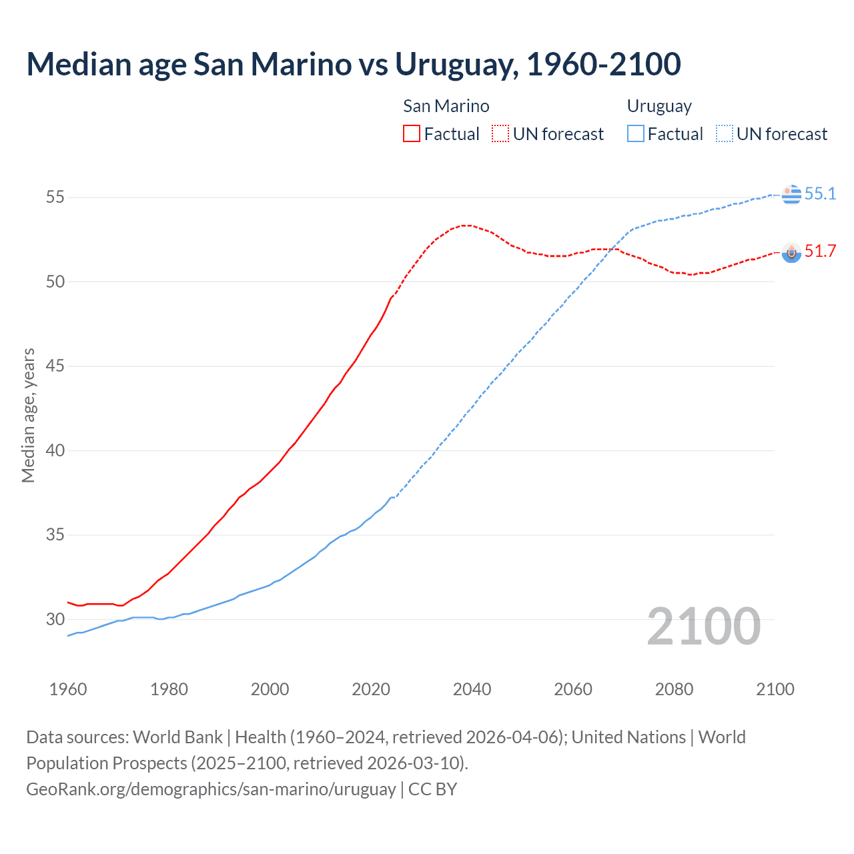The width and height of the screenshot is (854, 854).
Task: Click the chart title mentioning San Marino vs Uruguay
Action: (353, 64)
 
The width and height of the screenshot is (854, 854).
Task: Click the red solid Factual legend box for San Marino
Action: (412, 133)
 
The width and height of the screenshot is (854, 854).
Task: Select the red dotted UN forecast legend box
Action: (500, 133)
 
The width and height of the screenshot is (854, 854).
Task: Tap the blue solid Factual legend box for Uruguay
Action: (636, 133)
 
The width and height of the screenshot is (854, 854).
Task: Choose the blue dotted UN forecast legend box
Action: (725, 133)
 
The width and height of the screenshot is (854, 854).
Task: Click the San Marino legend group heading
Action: (446, 106)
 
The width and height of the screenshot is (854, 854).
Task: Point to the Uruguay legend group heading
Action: (659, 106)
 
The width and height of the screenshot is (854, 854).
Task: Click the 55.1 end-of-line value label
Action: (820, 193)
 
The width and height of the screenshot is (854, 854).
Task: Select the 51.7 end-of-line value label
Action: (820, 251)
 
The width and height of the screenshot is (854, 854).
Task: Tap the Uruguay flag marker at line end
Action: (791, 194)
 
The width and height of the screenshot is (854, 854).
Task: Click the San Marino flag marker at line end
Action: (791, 252)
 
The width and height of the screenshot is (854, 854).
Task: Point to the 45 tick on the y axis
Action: (55, 366)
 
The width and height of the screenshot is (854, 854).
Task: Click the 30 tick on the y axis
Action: (55, 619)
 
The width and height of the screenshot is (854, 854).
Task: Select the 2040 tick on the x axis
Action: (472, 689)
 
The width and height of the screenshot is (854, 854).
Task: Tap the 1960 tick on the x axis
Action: (68, 689)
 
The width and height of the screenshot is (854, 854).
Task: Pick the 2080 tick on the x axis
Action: (674, 689)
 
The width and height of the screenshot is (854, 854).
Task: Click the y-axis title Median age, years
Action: (28, 415)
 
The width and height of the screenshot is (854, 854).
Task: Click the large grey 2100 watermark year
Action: (703, 626)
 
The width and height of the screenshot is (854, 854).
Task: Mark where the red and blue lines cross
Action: (612, 250)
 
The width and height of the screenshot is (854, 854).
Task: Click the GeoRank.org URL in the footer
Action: (211, 789)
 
